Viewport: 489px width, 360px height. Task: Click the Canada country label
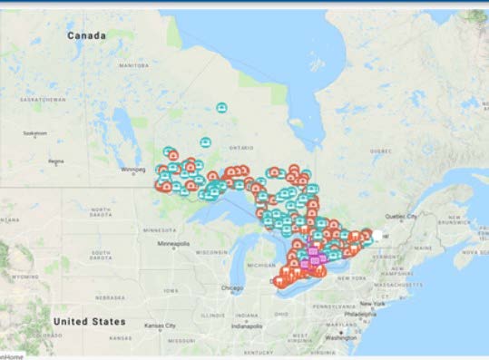click(x=87, y=35)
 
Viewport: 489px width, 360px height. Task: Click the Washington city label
click(x=340, y=337)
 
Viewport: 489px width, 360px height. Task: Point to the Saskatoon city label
click(x=34, y=132)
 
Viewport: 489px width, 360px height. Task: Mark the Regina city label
click(x=56, y=162)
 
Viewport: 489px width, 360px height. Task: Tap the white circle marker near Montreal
click(x=377, y=235)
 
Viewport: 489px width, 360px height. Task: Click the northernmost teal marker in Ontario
click(x=221, y=108)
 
